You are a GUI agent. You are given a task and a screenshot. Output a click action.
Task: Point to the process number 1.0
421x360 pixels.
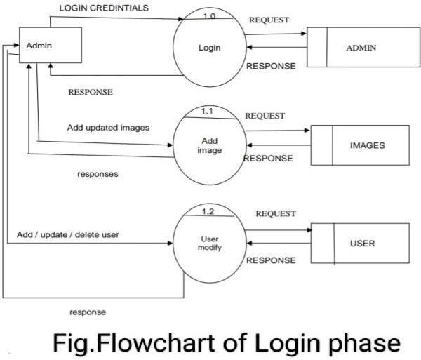click(209, 16)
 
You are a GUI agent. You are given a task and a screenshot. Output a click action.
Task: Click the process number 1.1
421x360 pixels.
click(207, 111)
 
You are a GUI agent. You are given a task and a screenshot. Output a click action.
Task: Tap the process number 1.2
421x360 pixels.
click(208, 211)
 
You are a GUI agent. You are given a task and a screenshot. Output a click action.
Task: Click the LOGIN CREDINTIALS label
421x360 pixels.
click(104, 8)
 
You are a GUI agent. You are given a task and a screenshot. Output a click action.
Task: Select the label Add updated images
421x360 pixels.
click(109, 128)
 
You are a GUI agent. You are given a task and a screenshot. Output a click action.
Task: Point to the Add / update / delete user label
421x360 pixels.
click(68, 234)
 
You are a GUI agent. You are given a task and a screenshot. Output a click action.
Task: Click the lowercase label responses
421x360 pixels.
click(98, 174)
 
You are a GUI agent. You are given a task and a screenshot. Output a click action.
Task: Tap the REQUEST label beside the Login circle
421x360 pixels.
click(269, 20)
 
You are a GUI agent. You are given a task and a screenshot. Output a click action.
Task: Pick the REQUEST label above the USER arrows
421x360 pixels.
click(276, 214)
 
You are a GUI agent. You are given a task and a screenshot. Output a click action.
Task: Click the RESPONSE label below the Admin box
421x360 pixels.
click(91, 92)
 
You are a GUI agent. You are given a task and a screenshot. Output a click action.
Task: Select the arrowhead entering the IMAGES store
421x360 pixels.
click(307, 131)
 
